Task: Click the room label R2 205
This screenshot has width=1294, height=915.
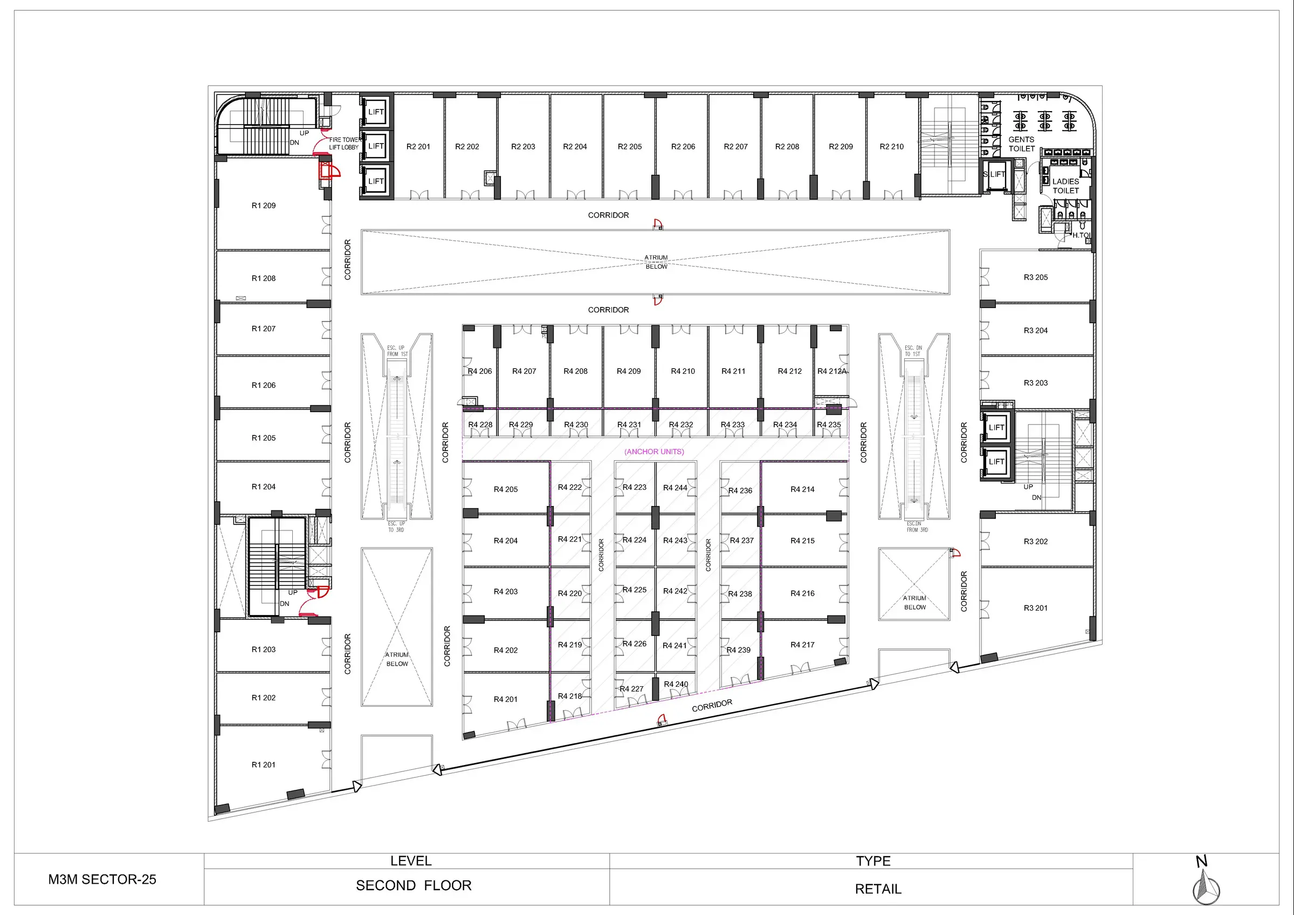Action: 630,147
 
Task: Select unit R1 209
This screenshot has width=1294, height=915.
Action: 263,206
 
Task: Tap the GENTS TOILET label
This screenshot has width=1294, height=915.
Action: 1021,144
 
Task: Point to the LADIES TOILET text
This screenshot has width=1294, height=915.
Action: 1065,186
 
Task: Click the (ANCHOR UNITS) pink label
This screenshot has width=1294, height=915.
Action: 654,452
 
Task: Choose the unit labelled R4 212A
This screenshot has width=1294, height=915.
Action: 832,371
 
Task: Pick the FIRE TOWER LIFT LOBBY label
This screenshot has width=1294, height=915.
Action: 345,143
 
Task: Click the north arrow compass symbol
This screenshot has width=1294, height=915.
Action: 1206,887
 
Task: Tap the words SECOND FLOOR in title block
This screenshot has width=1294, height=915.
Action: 413,886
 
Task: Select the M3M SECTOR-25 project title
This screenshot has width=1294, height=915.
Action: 102,879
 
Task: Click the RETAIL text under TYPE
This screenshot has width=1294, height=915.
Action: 878,889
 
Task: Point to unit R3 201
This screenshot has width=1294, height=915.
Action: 1035,607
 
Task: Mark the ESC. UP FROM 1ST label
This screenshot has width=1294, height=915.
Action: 397,351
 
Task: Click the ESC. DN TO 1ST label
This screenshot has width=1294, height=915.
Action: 913,351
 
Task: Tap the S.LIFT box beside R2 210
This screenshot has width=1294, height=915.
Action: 995,174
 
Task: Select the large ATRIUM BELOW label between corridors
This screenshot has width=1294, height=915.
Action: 656,262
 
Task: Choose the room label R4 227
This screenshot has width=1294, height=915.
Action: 631,688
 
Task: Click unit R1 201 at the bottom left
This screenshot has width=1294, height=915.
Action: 263,764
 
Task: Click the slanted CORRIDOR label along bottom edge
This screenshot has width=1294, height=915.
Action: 712,705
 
